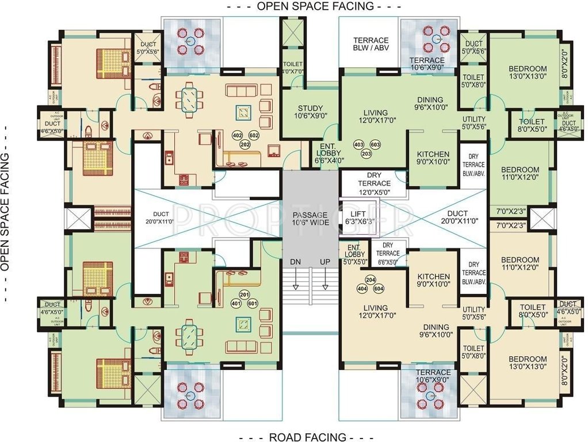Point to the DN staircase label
[x=296, y=262]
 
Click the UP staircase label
[x=325, y=262]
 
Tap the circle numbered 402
[x=237, y=135]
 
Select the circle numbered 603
[x=375, y=144]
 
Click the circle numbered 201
[x=243, y=295]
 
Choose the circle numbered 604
[x=378, y=288]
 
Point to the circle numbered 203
[x=366, y=154]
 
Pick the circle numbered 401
[x=236, y=303]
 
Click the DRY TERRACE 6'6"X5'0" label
[x=388, y=253]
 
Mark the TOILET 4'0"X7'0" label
[x=293, y=67]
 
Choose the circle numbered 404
[x=362, y=288]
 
